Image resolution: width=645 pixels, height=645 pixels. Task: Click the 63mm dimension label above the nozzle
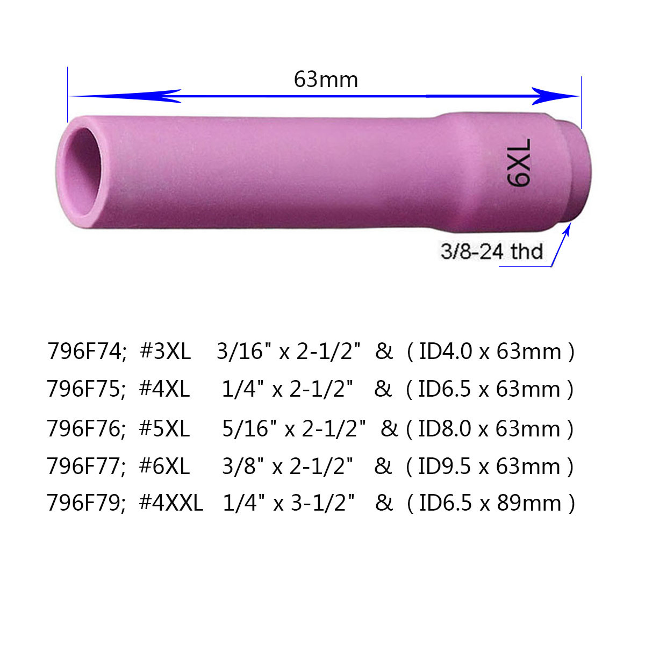(326, 80)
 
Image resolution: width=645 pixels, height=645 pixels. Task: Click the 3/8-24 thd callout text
(491, 251)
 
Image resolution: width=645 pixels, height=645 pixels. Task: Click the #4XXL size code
(171, 503)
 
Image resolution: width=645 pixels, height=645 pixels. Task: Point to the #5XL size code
(164, 428)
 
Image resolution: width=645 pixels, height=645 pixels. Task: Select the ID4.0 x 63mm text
(490, 352)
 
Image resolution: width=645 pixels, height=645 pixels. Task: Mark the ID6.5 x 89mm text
(490, 503)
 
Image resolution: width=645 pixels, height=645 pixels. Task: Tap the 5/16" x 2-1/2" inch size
(294, 428)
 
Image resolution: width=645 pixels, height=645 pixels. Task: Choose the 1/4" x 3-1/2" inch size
(289, 503)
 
